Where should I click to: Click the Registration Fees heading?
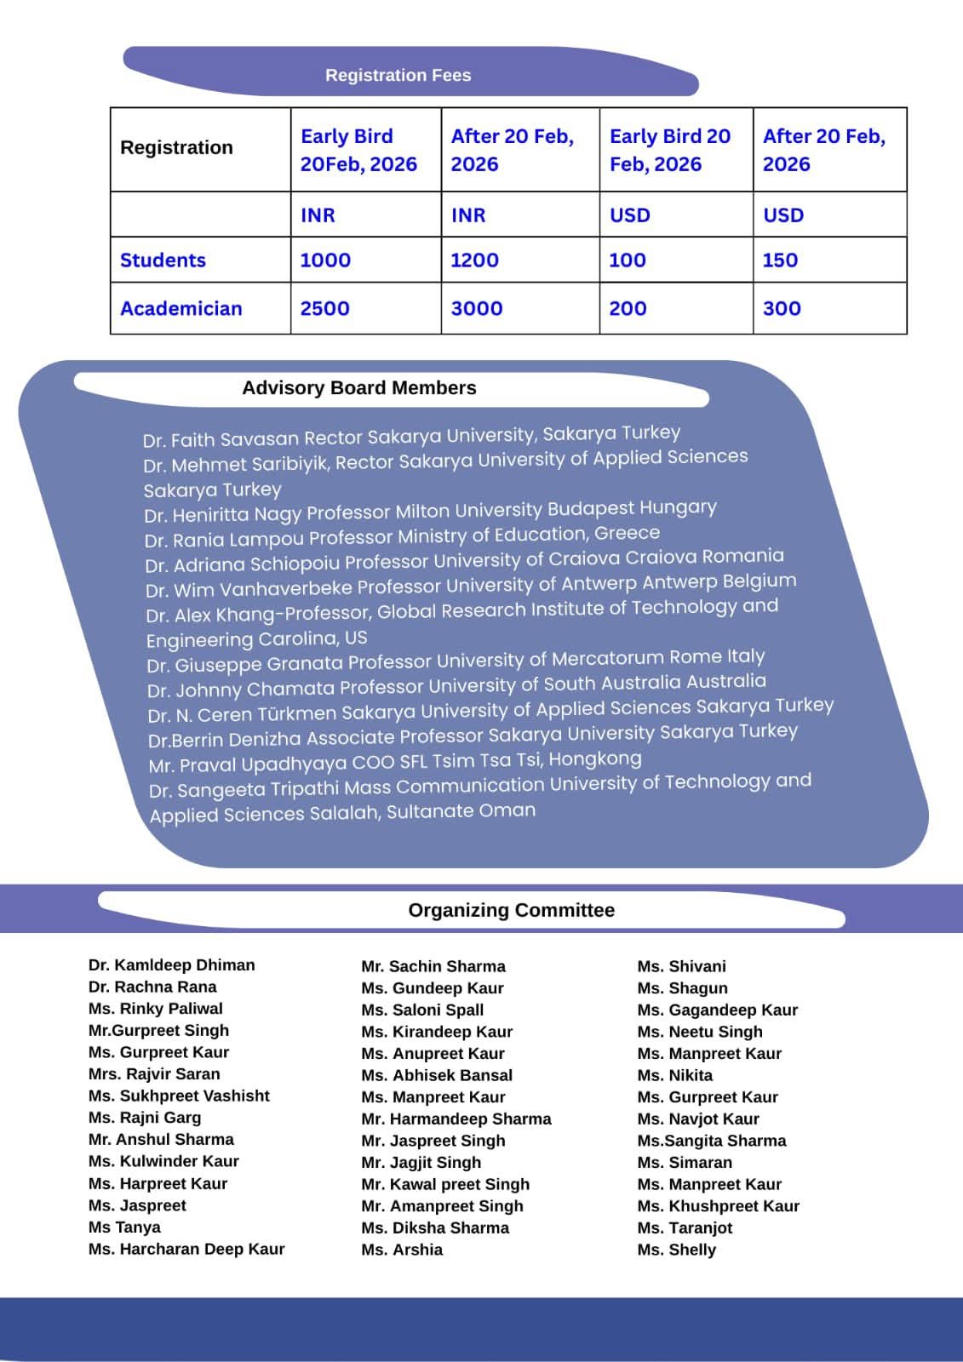point(398,75)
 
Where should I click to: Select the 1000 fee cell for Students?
point(325,260)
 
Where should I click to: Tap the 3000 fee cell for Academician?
point(476,308)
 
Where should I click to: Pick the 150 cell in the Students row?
point(780,260)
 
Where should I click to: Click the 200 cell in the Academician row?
point(628,308)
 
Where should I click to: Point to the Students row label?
point(163,260)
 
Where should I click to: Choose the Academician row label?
point(181,308)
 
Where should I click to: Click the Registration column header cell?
point(176,147)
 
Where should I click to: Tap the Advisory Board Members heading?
point(358,388)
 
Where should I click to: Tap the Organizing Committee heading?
point(511,910)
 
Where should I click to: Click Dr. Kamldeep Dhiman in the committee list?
point(171,965)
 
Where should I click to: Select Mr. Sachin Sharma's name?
point(433,966)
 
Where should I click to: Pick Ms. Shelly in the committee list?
point(676,1250)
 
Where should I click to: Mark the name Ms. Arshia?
point(401,1250)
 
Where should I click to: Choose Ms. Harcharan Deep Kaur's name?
point(186,1249)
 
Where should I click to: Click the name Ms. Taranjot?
point(685,1228)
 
